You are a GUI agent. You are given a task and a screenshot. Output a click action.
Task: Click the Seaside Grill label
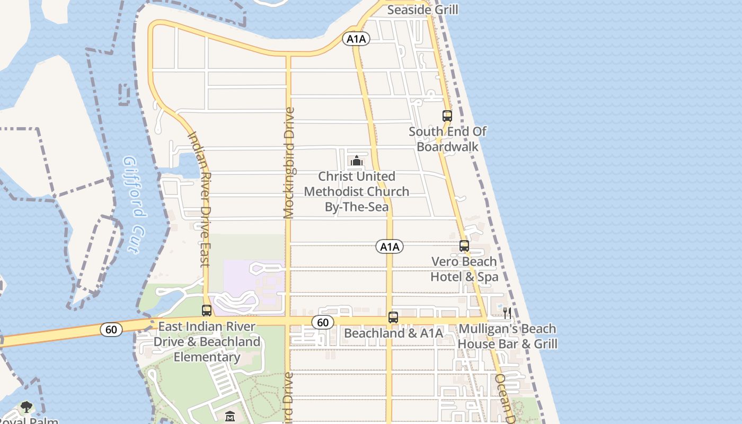(x=422, y=10)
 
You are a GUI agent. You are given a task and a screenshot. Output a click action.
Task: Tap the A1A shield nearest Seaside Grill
(x=356, y=39)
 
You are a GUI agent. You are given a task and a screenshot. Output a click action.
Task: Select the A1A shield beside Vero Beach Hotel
(x=390, y=246)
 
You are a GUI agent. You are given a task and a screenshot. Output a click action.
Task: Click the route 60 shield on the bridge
(x=111, y=330)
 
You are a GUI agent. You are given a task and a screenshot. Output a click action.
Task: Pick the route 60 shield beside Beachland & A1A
(x=322, y=322)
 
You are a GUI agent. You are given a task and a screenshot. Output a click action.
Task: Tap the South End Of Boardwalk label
(x=447, y=139)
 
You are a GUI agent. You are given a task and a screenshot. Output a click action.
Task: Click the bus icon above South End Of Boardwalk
(x=447, y=116)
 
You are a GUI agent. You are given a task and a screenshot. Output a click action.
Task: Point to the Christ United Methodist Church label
(x=357, y=191)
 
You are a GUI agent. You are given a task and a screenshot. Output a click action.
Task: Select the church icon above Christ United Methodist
(x=357, y=161)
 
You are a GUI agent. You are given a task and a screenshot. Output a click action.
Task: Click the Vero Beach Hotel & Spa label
(x=464, y=269)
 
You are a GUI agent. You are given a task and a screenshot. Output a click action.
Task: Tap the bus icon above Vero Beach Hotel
(x=464, y=246)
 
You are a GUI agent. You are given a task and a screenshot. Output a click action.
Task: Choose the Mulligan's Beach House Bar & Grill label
(x=507, y=336)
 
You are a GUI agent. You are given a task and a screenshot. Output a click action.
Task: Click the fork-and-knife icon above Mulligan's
(x=507, y=313)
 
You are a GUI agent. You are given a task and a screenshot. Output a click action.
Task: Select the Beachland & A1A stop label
(x=393, y=333)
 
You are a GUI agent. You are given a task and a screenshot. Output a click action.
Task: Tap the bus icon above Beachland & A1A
(x=393, y=317)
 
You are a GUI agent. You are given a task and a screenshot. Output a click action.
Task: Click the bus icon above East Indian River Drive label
(x=207, y=311)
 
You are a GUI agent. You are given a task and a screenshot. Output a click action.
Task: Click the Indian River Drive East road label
(x=200, y=199)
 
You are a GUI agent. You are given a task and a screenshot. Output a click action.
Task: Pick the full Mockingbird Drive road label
(x=289, y=163)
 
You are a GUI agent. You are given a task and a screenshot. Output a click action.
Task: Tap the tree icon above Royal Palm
(x=26, y=407)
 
